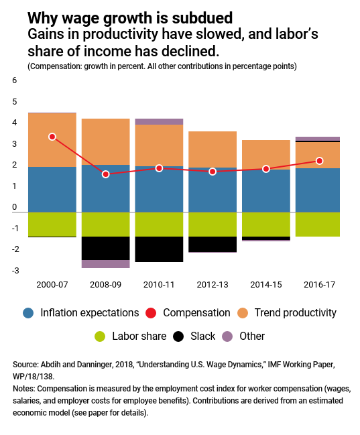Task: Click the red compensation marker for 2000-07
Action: pos(52,137)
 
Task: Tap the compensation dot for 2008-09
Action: pos(105,174)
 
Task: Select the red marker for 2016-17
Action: pos(320,161)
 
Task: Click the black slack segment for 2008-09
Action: pos(105,248)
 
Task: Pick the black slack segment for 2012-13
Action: pos(213,245)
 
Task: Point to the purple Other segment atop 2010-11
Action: pos(159,122)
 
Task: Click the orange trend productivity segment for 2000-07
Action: pos(52,140)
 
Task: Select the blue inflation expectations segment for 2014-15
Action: pos(266,191)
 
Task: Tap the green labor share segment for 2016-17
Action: pos(318,225)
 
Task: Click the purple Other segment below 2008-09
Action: pos(105,264)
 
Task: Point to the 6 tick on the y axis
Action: pos(15,80)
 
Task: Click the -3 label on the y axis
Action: pos(15,271)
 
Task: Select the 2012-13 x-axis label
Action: pos(213,285)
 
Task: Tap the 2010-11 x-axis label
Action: pos(159,285)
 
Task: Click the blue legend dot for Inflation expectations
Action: pos(28,313)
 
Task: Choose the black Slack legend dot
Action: pos(178,336)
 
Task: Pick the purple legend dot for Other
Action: pos(227,336)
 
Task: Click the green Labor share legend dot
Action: pos(100,336)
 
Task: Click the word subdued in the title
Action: pos(202,18)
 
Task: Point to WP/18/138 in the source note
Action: pos(34,377)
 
